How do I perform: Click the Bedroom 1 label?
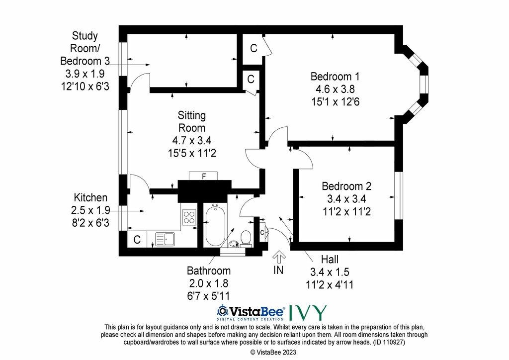[x=335, y=77]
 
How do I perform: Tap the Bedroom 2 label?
[x=346, y=186]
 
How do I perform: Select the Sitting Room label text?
[x=191, y=122]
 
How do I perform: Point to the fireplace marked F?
[x=203, y=176]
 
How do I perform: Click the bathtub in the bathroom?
[x=215, y=225]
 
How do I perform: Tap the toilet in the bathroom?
[x=246, y=238]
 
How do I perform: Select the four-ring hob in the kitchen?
[x=189, y=217]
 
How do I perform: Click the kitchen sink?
[x=165, y=240]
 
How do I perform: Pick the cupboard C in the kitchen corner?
[x=137, y=240]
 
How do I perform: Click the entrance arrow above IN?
[x=278, y=258]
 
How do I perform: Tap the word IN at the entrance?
[x=278, y=270]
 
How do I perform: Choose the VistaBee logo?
[x=251, y=312]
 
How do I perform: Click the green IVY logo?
[x=308, y=313]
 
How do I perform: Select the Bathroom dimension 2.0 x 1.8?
[x=208, y=283]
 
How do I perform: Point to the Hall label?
[x=330, y=260]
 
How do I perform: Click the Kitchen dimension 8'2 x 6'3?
[x=90, y=223]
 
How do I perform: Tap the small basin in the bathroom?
[x=234, y=244]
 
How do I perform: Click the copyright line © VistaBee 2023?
[x=273, y=352]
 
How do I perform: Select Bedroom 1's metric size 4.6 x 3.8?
[x=335, y=90]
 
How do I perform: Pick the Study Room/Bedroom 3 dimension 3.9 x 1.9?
[x=85, y=74]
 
